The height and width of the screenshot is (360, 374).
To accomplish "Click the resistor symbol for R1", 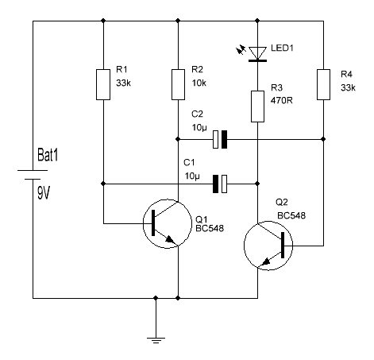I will [103, 84].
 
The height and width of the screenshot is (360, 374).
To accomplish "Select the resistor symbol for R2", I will [179, 84].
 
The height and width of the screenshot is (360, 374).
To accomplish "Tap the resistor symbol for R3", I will [256, 106].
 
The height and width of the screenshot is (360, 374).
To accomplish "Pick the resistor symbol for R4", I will [323, 84].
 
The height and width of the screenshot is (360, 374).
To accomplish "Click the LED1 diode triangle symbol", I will [256, 53].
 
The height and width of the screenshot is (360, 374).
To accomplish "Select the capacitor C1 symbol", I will [222, 184].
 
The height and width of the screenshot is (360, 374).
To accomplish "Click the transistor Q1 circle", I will [165, 225].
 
